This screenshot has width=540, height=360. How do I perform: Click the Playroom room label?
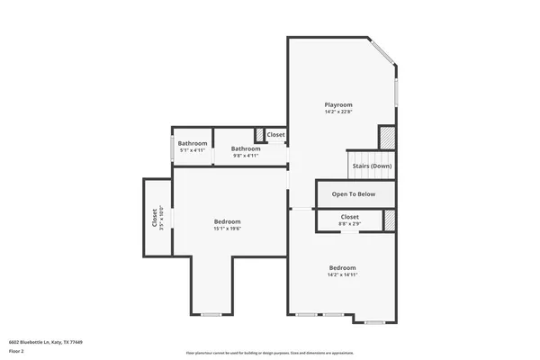(x=338, y=104)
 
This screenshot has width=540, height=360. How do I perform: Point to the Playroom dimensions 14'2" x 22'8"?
(x=338, y=112)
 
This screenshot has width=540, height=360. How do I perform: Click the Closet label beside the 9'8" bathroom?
(x=276, y=135)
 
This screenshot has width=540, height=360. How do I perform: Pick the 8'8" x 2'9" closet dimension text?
(x=349, y=223)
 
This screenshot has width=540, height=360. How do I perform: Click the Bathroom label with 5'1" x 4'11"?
(x=193, y=144)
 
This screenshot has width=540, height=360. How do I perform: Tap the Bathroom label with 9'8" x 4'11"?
(x=246, y=148)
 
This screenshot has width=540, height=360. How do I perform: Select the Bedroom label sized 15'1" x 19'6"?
(x=227, y=221)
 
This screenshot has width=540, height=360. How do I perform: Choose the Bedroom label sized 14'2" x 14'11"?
(x=342, y=267)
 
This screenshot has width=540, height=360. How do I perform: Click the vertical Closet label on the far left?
(x=154, y=220)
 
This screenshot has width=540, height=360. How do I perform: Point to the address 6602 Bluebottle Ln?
(x=46, y=342)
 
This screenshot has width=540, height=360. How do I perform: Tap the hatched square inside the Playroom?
(x=386, y=138)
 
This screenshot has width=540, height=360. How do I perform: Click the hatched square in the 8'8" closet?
(x=390, y=220)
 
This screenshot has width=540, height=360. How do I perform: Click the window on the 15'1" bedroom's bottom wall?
(x=211, y=314)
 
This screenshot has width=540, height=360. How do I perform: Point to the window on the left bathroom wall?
(x=174, y=148)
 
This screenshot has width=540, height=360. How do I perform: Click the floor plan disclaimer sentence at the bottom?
(x=270, y=353)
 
